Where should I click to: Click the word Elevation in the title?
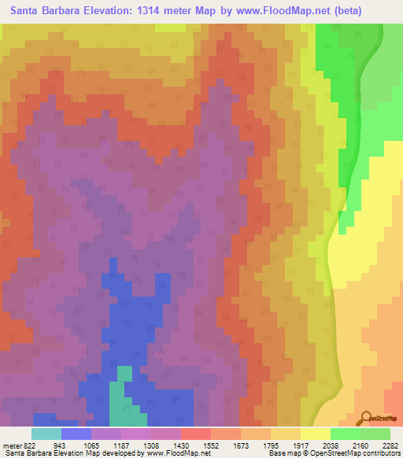point(116,11)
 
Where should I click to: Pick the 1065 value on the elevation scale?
point(91,444)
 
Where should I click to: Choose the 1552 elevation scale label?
point(210,444)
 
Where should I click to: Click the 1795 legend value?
point(270,444)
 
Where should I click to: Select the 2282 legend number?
point(389,444)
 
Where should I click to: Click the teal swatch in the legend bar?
point(46,434)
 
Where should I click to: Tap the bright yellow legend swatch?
point(315,434)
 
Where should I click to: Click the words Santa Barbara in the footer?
point(23,453)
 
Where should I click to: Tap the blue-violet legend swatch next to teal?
point(76,434)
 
